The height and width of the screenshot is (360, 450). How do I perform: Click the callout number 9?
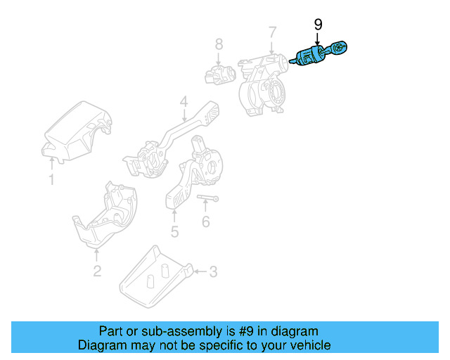318,25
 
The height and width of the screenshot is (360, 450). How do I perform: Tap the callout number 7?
272,32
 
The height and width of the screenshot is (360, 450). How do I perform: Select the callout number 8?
219,45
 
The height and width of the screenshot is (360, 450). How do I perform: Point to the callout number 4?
183,103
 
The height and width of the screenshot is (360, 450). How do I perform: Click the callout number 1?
51,181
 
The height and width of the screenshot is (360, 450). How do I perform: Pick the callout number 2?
97,271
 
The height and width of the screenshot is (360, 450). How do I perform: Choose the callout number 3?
214,271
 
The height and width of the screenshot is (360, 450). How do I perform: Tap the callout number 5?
174,231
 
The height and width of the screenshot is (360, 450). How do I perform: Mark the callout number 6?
205,223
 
